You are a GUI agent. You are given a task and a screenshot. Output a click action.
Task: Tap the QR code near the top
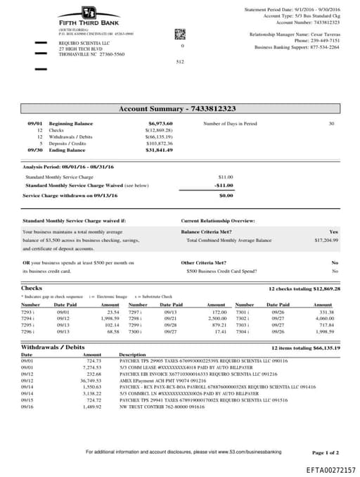click(179, 33)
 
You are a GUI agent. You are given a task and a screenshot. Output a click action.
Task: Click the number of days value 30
click(331, 123)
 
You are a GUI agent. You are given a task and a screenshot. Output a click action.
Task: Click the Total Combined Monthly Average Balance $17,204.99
click(326, 240)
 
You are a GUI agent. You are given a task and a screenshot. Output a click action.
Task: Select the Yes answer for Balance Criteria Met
click(333, 231)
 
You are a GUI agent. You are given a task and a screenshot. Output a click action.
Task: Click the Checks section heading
click(32, 288)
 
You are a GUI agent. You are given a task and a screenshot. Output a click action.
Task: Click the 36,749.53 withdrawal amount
click(88, 381)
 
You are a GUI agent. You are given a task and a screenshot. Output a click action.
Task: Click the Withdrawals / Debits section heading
click(53, 348)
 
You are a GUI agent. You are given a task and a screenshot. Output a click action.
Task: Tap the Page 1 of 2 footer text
click(325, 452)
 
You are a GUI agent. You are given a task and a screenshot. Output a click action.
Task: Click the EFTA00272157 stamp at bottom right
click(330, 469)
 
